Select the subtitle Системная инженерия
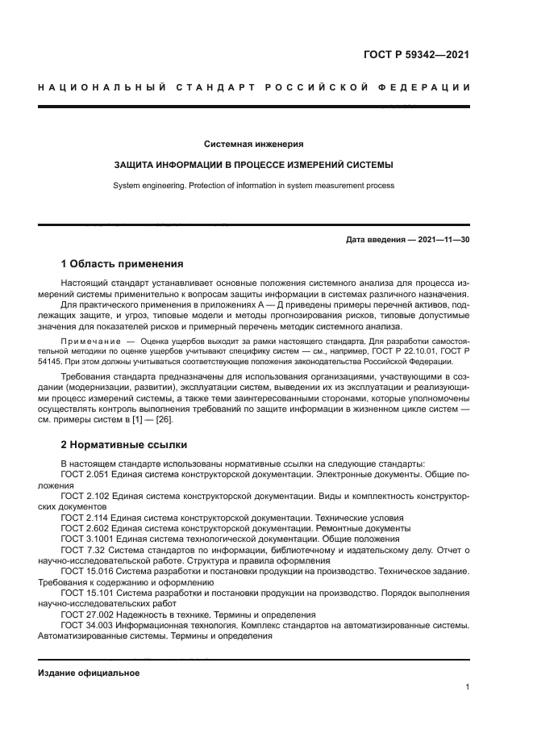tap(254, 144)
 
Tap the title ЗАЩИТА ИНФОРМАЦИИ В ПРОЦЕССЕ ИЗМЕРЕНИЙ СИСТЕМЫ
tap(254, 165)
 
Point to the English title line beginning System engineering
tap(254, 185)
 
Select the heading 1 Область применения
tap(123, 264)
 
